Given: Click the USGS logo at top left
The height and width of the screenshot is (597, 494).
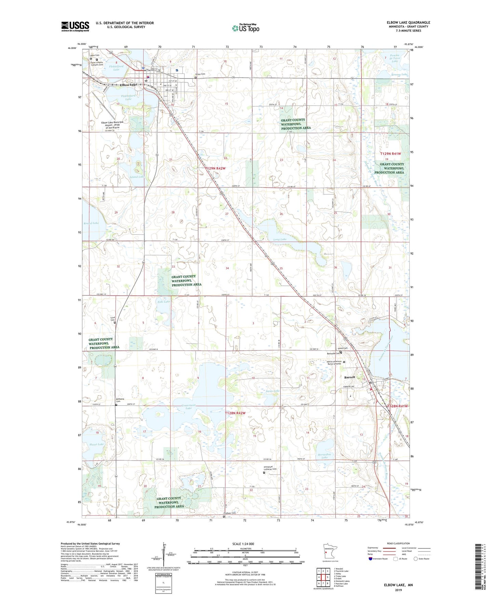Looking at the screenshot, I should [x=75, y=26].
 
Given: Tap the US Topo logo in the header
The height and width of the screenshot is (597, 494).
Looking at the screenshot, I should [x=245, y=28].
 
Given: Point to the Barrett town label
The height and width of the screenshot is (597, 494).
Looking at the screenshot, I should [x=350, y=377].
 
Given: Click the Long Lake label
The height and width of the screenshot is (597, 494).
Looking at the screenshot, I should [x=280, y=239].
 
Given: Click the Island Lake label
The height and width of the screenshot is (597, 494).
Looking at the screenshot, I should [x=136, y=177].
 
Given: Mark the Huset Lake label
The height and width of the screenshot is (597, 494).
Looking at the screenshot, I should [x=96, y=444].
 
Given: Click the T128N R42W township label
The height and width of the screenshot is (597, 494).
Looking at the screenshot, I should [x=235, y=413].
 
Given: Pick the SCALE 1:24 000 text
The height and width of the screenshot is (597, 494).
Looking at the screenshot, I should [x=243, y=544].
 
